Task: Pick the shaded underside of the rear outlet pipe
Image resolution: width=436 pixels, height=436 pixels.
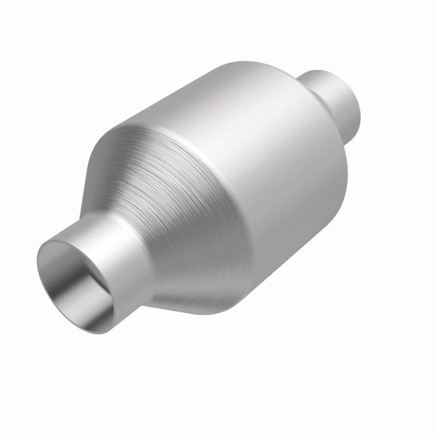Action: click(349, 123)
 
